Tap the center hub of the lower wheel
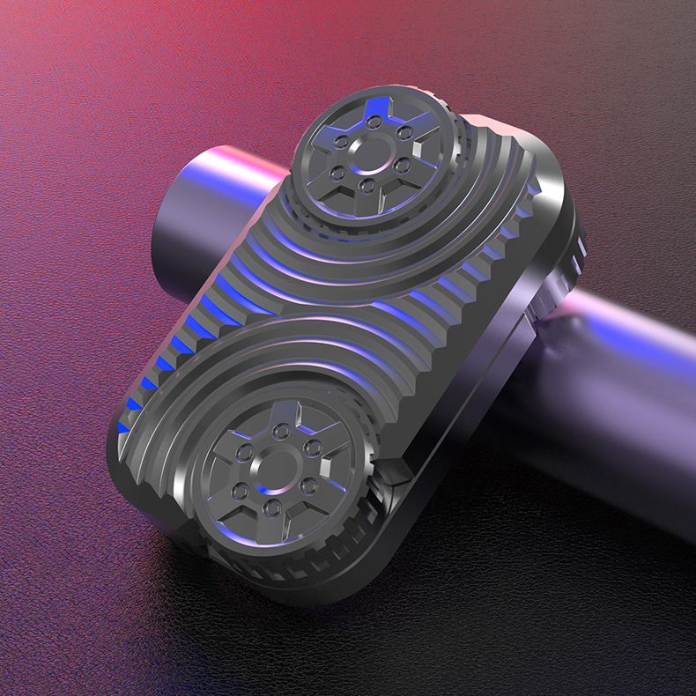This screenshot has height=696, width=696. pos(277,463)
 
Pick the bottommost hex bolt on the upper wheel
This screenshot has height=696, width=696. pos(367,186)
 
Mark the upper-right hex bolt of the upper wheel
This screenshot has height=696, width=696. pos(406,132)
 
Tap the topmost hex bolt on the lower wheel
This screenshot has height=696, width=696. pos(281,430)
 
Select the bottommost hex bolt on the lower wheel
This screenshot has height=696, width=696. pos(272,506)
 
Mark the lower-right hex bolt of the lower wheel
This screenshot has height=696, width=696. pos(307,485)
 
